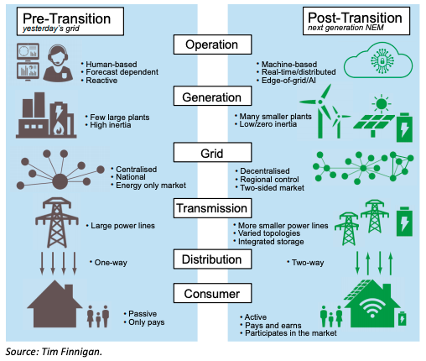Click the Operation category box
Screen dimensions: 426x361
click(212, 44)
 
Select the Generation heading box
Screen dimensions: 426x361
click(212, 97)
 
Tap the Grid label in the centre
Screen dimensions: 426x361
click(212, 153)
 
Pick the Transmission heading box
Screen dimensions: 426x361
click(212, 208)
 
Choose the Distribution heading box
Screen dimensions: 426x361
click(212, 259)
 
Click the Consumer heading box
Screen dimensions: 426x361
click(212, 293)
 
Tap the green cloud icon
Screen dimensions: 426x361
click(378, 60)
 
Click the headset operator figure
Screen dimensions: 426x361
click(58, 63)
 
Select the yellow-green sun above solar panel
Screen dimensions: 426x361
click(382, 104)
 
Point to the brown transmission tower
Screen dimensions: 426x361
click(57, 222)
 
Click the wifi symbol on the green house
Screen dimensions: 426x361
click(372, 308)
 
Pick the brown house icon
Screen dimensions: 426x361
click(55, 304)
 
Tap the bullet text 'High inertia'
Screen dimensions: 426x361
click(111, 125)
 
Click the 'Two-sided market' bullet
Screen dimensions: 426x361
click(272, 188)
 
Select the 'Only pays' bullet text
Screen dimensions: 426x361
click(147, 322)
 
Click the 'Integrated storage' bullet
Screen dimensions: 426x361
click(271, 242)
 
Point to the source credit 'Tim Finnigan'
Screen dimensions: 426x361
click(71, 352)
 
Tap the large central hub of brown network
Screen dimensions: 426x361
click(60, 181)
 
